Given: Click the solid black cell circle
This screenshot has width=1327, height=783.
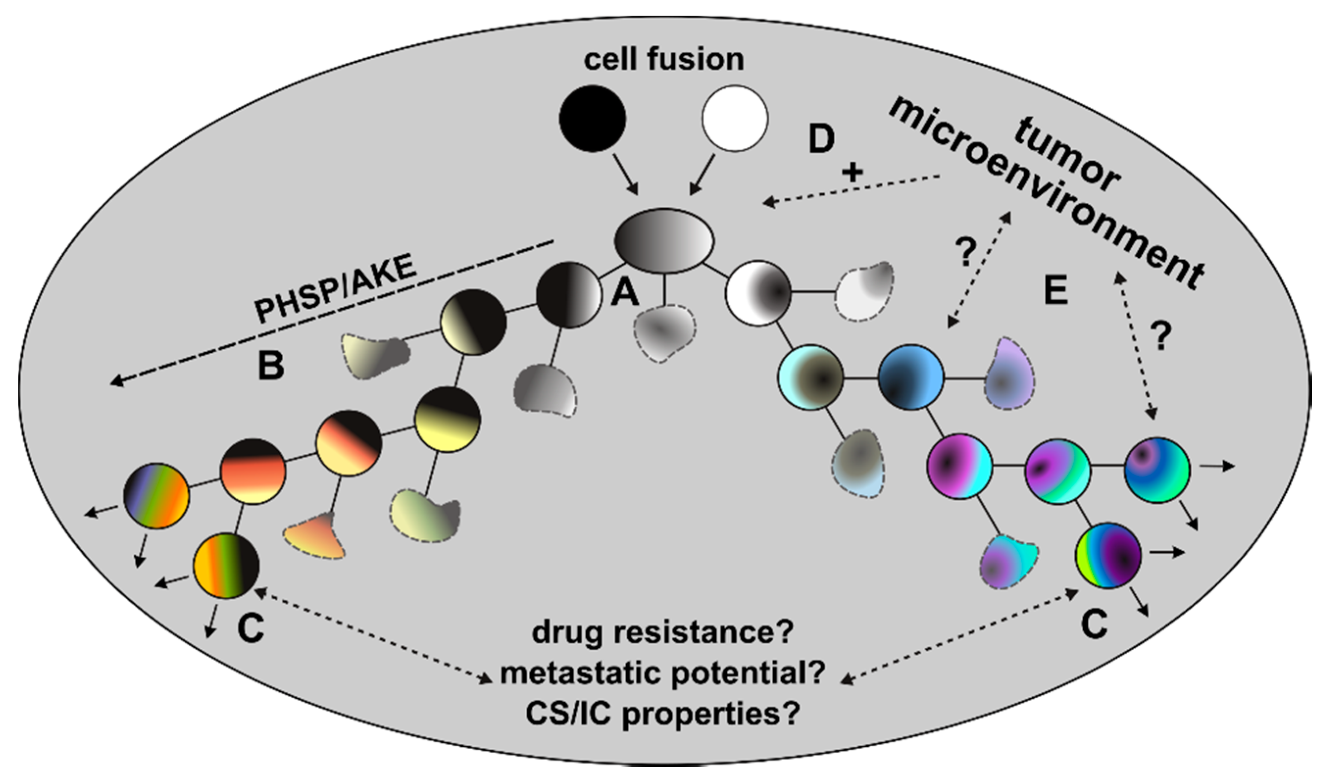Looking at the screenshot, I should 592,118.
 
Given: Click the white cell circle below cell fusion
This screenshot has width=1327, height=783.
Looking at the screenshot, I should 735,118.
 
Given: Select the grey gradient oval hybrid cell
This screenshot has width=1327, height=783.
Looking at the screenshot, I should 664,241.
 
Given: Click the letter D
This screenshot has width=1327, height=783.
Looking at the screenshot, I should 821,139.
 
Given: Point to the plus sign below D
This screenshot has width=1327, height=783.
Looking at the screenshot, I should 852,172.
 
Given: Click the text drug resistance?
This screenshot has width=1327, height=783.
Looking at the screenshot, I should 662,632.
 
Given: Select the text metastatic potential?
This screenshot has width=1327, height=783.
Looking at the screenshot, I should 662,673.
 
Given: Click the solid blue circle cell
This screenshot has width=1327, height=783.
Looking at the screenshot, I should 910,377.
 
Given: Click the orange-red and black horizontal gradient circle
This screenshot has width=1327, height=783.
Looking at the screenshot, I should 253,471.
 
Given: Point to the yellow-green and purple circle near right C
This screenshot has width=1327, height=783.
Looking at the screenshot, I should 1108,555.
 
